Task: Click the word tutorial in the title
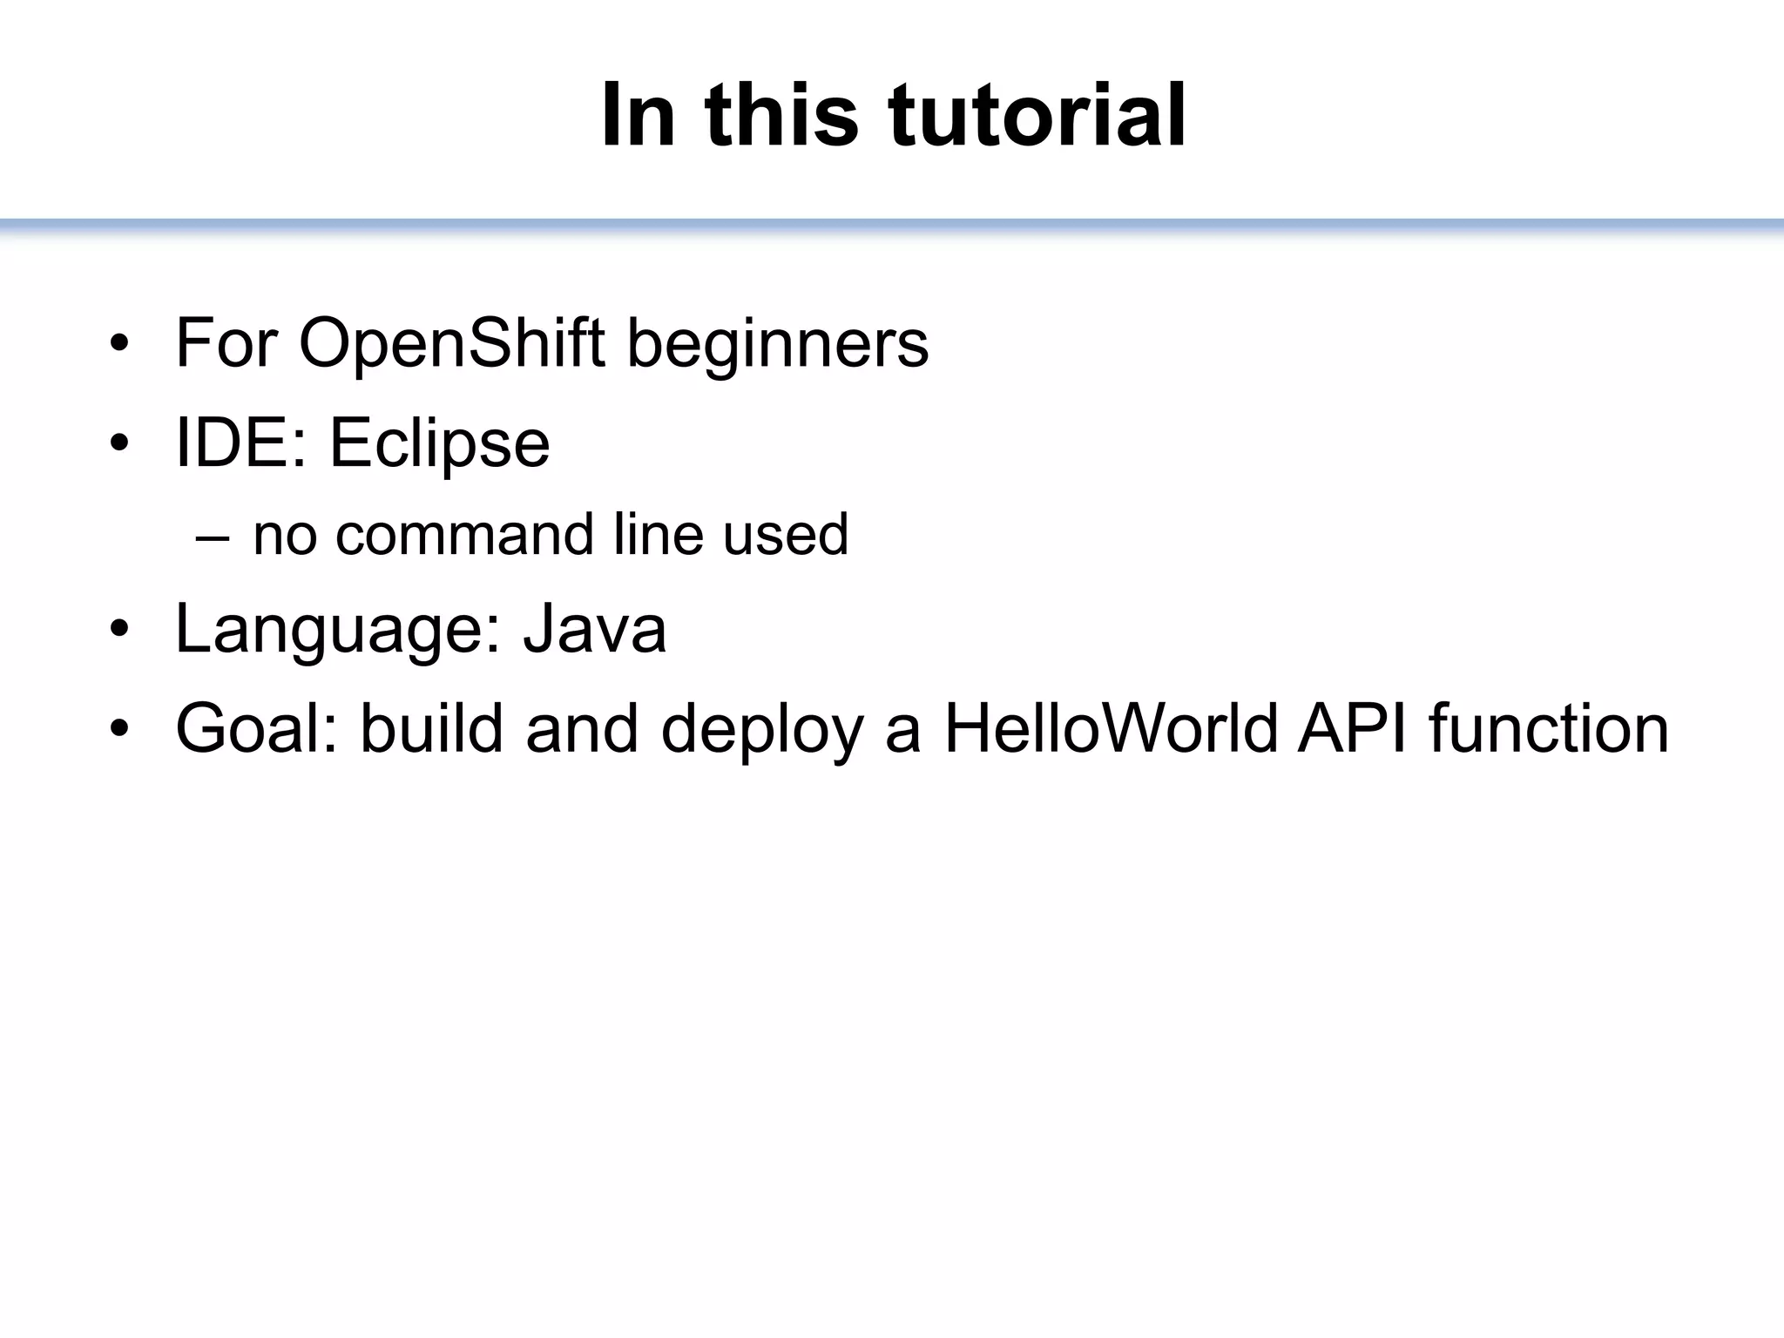tap(1037, 116)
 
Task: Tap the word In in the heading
tap(638, 116)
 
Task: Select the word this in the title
tap(781, 116)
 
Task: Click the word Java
tap(594, 629)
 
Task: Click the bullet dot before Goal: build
tap(119, 728)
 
